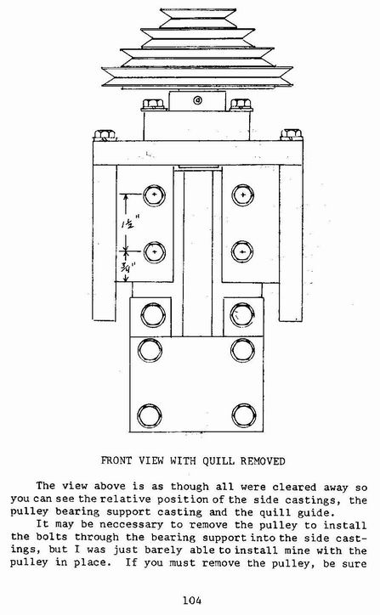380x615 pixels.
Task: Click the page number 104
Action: tap(192, 600)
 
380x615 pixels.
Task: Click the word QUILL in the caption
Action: tap(219, 461)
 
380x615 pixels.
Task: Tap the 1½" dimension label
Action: tap(128, 223)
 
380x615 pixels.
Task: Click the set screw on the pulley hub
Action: tap(197, 100)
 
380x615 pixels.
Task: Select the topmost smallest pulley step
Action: tap(198, 18)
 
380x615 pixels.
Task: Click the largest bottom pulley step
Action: tap(197, 76)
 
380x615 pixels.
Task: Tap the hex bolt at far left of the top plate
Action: tap(105, 135)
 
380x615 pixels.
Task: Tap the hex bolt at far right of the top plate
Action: tap(291, 134)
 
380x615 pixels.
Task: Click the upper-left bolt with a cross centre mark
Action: tap(154, 195)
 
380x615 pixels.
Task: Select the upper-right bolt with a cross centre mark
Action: tap(243, 195)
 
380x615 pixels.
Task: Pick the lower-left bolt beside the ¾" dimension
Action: tap(154, 251)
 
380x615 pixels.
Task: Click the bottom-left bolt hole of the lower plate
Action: tap(149, 415)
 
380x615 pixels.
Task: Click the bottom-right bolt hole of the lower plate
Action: tap(244, 415)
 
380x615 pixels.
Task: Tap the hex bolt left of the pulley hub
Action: tap(154, 104)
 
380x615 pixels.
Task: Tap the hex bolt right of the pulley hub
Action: tap(241, 104)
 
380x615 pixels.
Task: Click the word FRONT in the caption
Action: tap(116, 460)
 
